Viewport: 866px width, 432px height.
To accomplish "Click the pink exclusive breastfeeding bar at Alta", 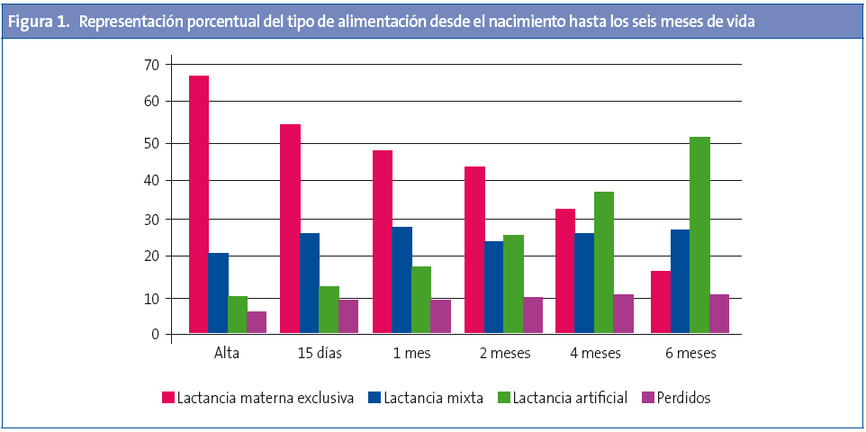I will coord(199,205).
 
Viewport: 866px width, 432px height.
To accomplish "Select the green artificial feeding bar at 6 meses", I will coord(699,236).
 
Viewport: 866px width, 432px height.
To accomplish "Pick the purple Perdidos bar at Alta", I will coord(257,323).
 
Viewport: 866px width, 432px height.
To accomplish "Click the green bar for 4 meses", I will coord(603,263).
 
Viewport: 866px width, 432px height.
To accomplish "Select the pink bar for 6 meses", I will coord(660,302).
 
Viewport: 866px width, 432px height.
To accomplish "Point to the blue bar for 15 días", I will coord(310,283).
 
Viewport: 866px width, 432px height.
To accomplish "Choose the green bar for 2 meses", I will coord(513,284).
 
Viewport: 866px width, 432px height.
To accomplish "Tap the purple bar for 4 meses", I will coord(623,314).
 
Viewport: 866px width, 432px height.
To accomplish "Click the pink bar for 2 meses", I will coord(474,250).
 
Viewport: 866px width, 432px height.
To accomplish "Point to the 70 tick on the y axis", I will coord(150,65).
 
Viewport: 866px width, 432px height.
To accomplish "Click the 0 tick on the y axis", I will coord(155,335).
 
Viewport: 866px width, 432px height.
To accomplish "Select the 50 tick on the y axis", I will coord(150,143).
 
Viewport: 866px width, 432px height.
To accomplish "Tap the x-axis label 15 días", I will coord(319,354).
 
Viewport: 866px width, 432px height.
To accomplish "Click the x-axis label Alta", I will coord(227,354).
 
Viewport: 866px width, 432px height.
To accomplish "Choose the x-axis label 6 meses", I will coord(690,354).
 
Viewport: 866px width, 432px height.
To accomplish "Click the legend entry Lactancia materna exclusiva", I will coord(266,398).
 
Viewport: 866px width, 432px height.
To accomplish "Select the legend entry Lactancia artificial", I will coord(564,398).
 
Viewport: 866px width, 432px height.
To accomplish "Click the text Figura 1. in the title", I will coord(39,22).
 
